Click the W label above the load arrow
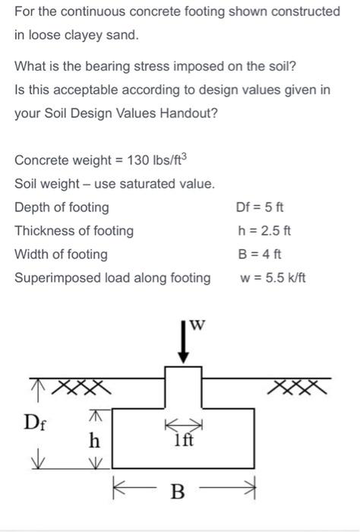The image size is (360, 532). tap(198, 325)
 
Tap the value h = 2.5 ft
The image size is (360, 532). tap(264, 230)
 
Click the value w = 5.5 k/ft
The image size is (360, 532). tap(272, 277)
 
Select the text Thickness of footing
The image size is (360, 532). tap(74, 230)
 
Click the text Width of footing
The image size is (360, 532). tap(61, 254)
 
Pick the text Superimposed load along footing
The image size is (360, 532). tap(112, 277)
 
